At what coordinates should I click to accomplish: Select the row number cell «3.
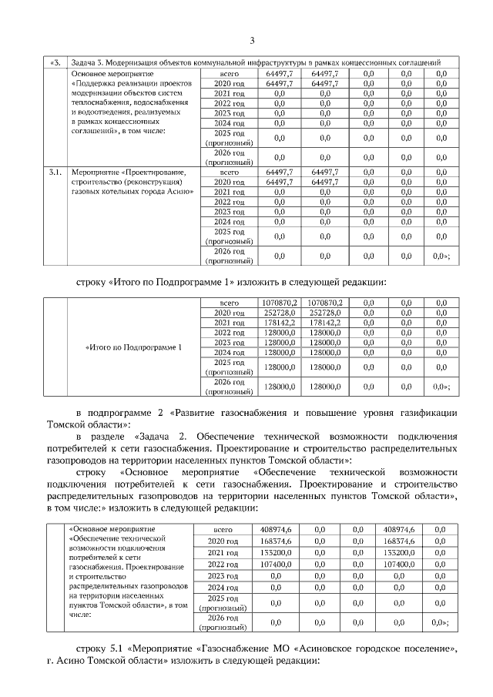(x=55, y=62)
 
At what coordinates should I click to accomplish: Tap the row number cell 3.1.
(x=55, y=172)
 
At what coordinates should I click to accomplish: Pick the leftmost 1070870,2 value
(x=280, y=303)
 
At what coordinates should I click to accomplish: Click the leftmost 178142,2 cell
(x=280, y=323)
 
